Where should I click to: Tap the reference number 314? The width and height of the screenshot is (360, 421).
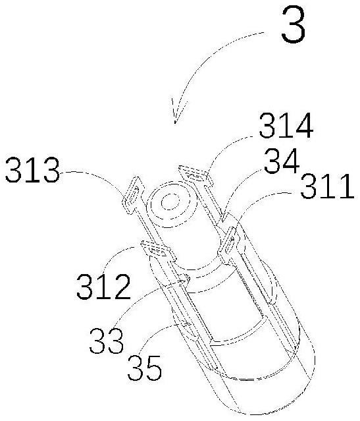[286, 125]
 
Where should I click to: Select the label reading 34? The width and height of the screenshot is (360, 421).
[282, 161]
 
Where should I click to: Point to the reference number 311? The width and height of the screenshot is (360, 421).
[327, 186]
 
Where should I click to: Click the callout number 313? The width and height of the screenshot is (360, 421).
[32, 170]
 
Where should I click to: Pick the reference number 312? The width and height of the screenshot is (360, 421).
[103, 287]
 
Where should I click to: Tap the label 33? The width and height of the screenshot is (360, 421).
[106, 341]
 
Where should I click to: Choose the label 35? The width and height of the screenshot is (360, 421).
[145, 368]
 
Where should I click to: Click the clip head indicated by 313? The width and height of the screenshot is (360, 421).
[133, 194]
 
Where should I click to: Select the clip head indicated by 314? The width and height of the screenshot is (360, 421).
[196, 176]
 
